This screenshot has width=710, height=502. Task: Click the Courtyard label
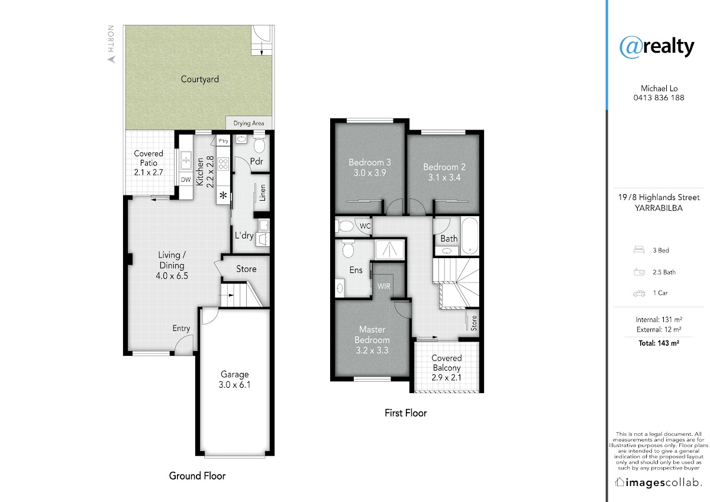(x=200, y=79)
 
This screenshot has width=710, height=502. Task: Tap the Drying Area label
(x=248, y=123)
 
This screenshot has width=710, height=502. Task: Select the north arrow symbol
(x=112, y=59)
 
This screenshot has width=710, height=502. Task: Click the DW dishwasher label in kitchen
(x=186, y=179)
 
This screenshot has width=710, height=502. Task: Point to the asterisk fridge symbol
(x=223, y=195)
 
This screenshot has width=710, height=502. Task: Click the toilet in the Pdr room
(x=259, y=144)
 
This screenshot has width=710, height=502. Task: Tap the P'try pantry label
(x=223, y=141)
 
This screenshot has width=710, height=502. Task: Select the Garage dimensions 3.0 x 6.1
(x=234, y=385)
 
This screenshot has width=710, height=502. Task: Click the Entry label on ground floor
(x=181, y=328)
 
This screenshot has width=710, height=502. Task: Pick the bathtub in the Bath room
(x=469, y=236)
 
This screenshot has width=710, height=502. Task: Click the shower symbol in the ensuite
(x=389, y=249)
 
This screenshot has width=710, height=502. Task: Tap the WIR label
(x=383, y=287)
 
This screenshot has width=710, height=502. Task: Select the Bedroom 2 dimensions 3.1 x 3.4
(x=444, y=178)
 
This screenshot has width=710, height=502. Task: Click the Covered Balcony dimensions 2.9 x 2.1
(x=446, y=378)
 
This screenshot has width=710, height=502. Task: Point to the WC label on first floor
(x=365, y=226)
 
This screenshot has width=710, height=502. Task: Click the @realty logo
(x=657, y=47)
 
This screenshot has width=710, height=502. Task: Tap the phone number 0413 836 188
(x=659, y=98)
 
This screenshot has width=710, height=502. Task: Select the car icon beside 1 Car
(x=639, y=294)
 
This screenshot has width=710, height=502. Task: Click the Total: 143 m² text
(x=659, y=343)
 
